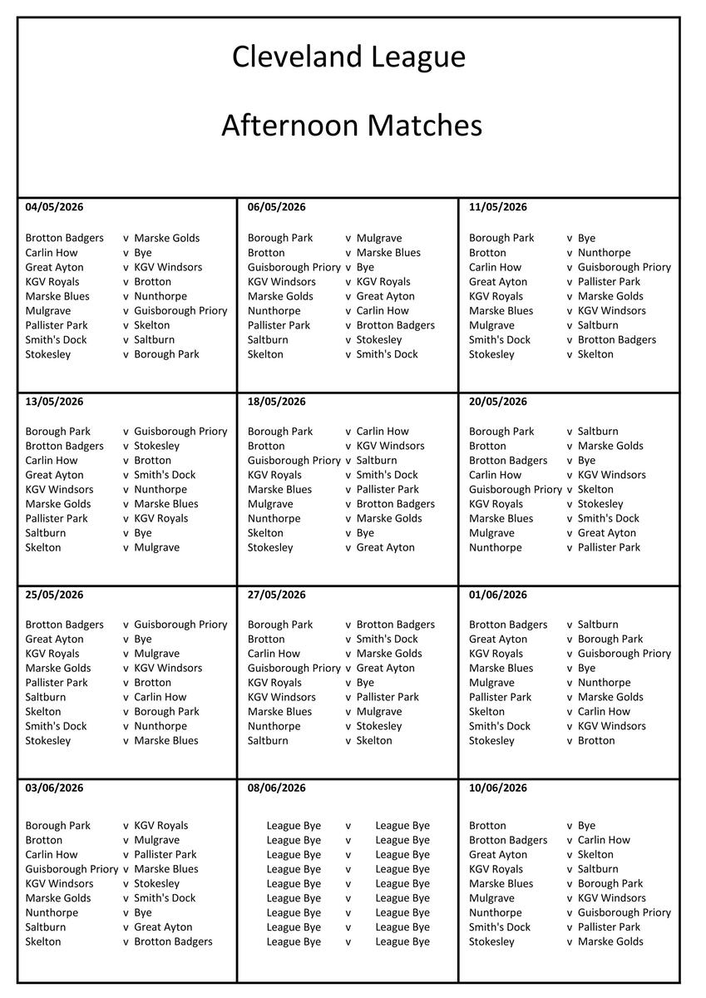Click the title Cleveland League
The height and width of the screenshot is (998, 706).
point(348,57)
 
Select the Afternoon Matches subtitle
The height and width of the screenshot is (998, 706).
point(351,126)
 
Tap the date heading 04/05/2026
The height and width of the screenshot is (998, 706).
point(54,207)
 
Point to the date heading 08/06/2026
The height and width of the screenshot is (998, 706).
point(276,788)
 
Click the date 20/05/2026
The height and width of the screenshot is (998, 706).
point(497,402)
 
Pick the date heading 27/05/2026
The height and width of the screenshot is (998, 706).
point(276,595)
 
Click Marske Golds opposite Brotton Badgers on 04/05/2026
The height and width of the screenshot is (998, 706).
point(166,238)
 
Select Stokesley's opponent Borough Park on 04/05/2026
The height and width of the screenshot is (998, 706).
point(166,354)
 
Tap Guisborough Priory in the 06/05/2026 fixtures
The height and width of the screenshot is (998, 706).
point(294,267)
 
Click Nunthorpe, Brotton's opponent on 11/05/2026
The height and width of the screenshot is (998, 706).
point(604,253)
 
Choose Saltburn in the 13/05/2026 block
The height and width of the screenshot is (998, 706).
point(46,533)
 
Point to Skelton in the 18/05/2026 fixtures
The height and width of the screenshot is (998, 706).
point(265,533)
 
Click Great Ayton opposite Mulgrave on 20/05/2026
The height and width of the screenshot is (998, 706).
point(606,533)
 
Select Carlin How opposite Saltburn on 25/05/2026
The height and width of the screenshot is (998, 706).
point(160,697)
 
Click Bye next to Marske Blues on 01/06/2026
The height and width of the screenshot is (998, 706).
point(586,668)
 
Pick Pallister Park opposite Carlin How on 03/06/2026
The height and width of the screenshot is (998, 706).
point(165,854)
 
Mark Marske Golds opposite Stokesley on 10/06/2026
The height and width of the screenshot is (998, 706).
point(610,941)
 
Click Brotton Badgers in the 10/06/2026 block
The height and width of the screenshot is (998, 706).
point(508,840)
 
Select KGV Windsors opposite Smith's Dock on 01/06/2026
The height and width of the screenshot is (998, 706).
point(611,726)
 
